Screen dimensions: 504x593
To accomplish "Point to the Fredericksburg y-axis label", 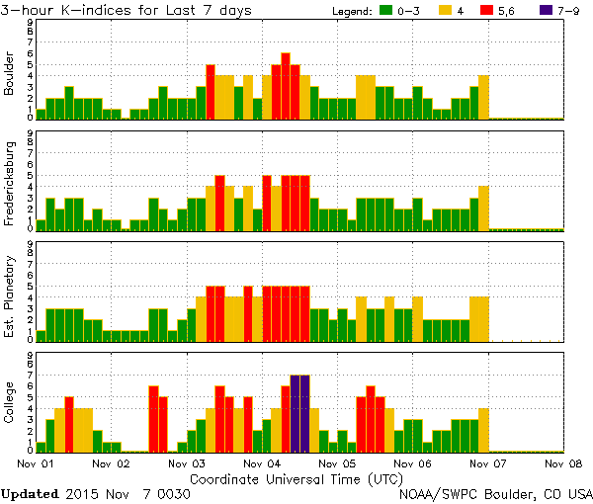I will click(10, 182).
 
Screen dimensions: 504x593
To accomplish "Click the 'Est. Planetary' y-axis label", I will click(10, 293).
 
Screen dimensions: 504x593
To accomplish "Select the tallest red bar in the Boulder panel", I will click(286, 87).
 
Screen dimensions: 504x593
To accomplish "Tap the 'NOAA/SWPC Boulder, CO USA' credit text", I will click(495, 493).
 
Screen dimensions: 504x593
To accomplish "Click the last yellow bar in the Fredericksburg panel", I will click(483, 207).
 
